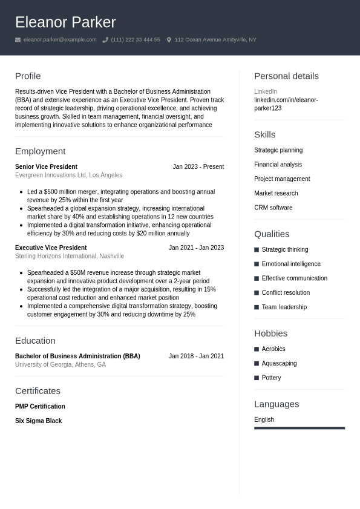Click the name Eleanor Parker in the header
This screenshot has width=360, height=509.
[65, 22]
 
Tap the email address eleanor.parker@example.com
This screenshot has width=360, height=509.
[59, 40]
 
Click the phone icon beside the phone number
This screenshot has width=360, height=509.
[105, 40]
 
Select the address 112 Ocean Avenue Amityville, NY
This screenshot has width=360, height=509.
[215, 40]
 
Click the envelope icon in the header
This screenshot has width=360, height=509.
[18, 40]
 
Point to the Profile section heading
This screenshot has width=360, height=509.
[28, 76]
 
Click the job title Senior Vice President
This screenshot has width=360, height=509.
[46, 166]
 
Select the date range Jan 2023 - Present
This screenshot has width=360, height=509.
[198, 166]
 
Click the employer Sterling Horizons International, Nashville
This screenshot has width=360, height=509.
[69, 256]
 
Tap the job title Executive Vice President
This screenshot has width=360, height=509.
[51, 248]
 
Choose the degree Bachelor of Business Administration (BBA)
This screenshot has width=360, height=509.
[77, 356]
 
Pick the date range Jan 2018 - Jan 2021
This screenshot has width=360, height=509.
[196, 356]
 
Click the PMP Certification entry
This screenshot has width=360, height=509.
[40, 406]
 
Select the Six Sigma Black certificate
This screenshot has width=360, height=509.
[38, 421]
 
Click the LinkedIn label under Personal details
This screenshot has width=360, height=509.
[265, 91]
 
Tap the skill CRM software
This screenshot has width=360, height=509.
[273, 208]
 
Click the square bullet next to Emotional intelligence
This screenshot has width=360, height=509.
[257, 264]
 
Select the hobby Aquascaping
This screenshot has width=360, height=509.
[279, 363]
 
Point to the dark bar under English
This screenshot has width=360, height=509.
[299, 428]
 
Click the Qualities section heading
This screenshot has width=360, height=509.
[272, 234]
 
